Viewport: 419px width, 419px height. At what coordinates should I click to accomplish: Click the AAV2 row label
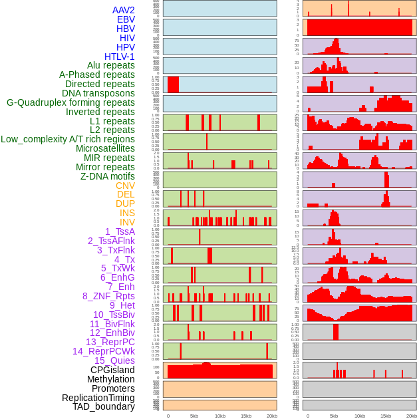(x=124, y=10)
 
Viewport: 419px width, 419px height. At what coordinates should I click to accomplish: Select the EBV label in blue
(x=126, y=19)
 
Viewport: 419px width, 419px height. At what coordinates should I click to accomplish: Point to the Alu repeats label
(x=111, y=66)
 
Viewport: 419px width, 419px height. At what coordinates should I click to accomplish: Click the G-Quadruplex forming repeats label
(x=70, y=102)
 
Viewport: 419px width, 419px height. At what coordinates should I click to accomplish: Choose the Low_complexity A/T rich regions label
(x=68, y=139)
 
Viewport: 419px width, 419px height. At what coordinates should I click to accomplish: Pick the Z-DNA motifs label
(x=108, y=176)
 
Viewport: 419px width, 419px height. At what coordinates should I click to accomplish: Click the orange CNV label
(x=125, y=186)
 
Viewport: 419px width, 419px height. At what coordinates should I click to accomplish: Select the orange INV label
(x=127, y=222)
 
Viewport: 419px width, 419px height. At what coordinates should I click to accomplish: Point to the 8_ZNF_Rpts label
(x=108, y=296)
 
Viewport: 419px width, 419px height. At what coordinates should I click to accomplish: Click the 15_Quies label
(x=114, y=360)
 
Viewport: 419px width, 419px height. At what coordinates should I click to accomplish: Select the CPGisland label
(x=112, y=370)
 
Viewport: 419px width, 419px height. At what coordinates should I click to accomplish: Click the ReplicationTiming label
(x=98, y=398)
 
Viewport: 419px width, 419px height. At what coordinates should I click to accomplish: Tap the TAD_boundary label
(x=104, y=406)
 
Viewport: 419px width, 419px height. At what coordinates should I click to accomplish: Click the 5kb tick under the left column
(x=194, y=416)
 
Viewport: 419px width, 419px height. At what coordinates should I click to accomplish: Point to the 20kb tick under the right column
(x=412, y=416)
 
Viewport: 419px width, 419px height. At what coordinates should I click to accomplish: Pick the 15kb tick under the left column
(x=246, y=416)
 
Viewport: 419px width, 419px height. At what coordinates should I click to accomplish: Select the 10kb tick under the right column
(x=359, y=416)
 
